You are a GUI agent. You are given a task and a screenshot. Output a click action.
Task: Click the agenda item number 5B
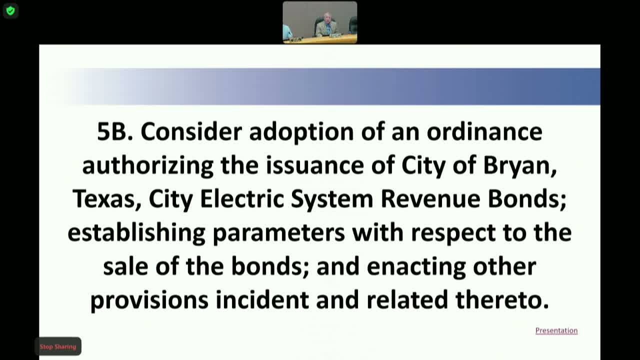[115, 131]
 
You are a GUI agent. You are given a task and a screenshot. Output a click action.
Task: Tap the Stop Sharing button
[58, 346]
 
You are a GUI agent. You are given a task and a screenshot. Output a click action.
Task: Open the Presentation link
[556, 330]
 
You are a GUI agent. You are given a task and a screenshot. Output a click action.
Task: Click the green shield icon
[10, 11]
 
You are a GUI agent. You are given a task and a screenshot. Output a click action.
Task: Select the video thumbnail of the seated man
[319, 22]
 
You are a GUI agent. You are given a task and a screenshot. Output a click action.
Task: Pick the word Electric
[242, 198]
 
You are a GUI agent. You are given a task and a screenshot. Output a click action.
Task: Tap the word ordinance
[484, 131]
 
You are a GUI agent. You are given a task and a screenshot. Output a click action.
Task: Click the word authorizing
[148, 165]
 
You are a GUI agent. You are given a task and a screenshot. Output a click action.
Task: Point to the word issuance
[315, 165]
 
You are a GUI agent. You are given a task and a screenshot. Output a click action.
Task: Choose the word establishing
[136, 233]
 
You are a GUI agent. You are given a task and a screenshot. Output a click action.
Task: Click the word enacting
[416, 266]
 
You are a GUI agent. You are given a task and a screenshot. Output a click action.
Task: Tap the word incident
[262, 300]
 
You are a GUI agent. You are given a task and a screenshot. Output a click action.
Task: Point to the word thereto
[502, 300]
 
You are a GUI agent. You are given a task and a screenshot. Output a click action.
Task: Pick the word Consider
[191, 131]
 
